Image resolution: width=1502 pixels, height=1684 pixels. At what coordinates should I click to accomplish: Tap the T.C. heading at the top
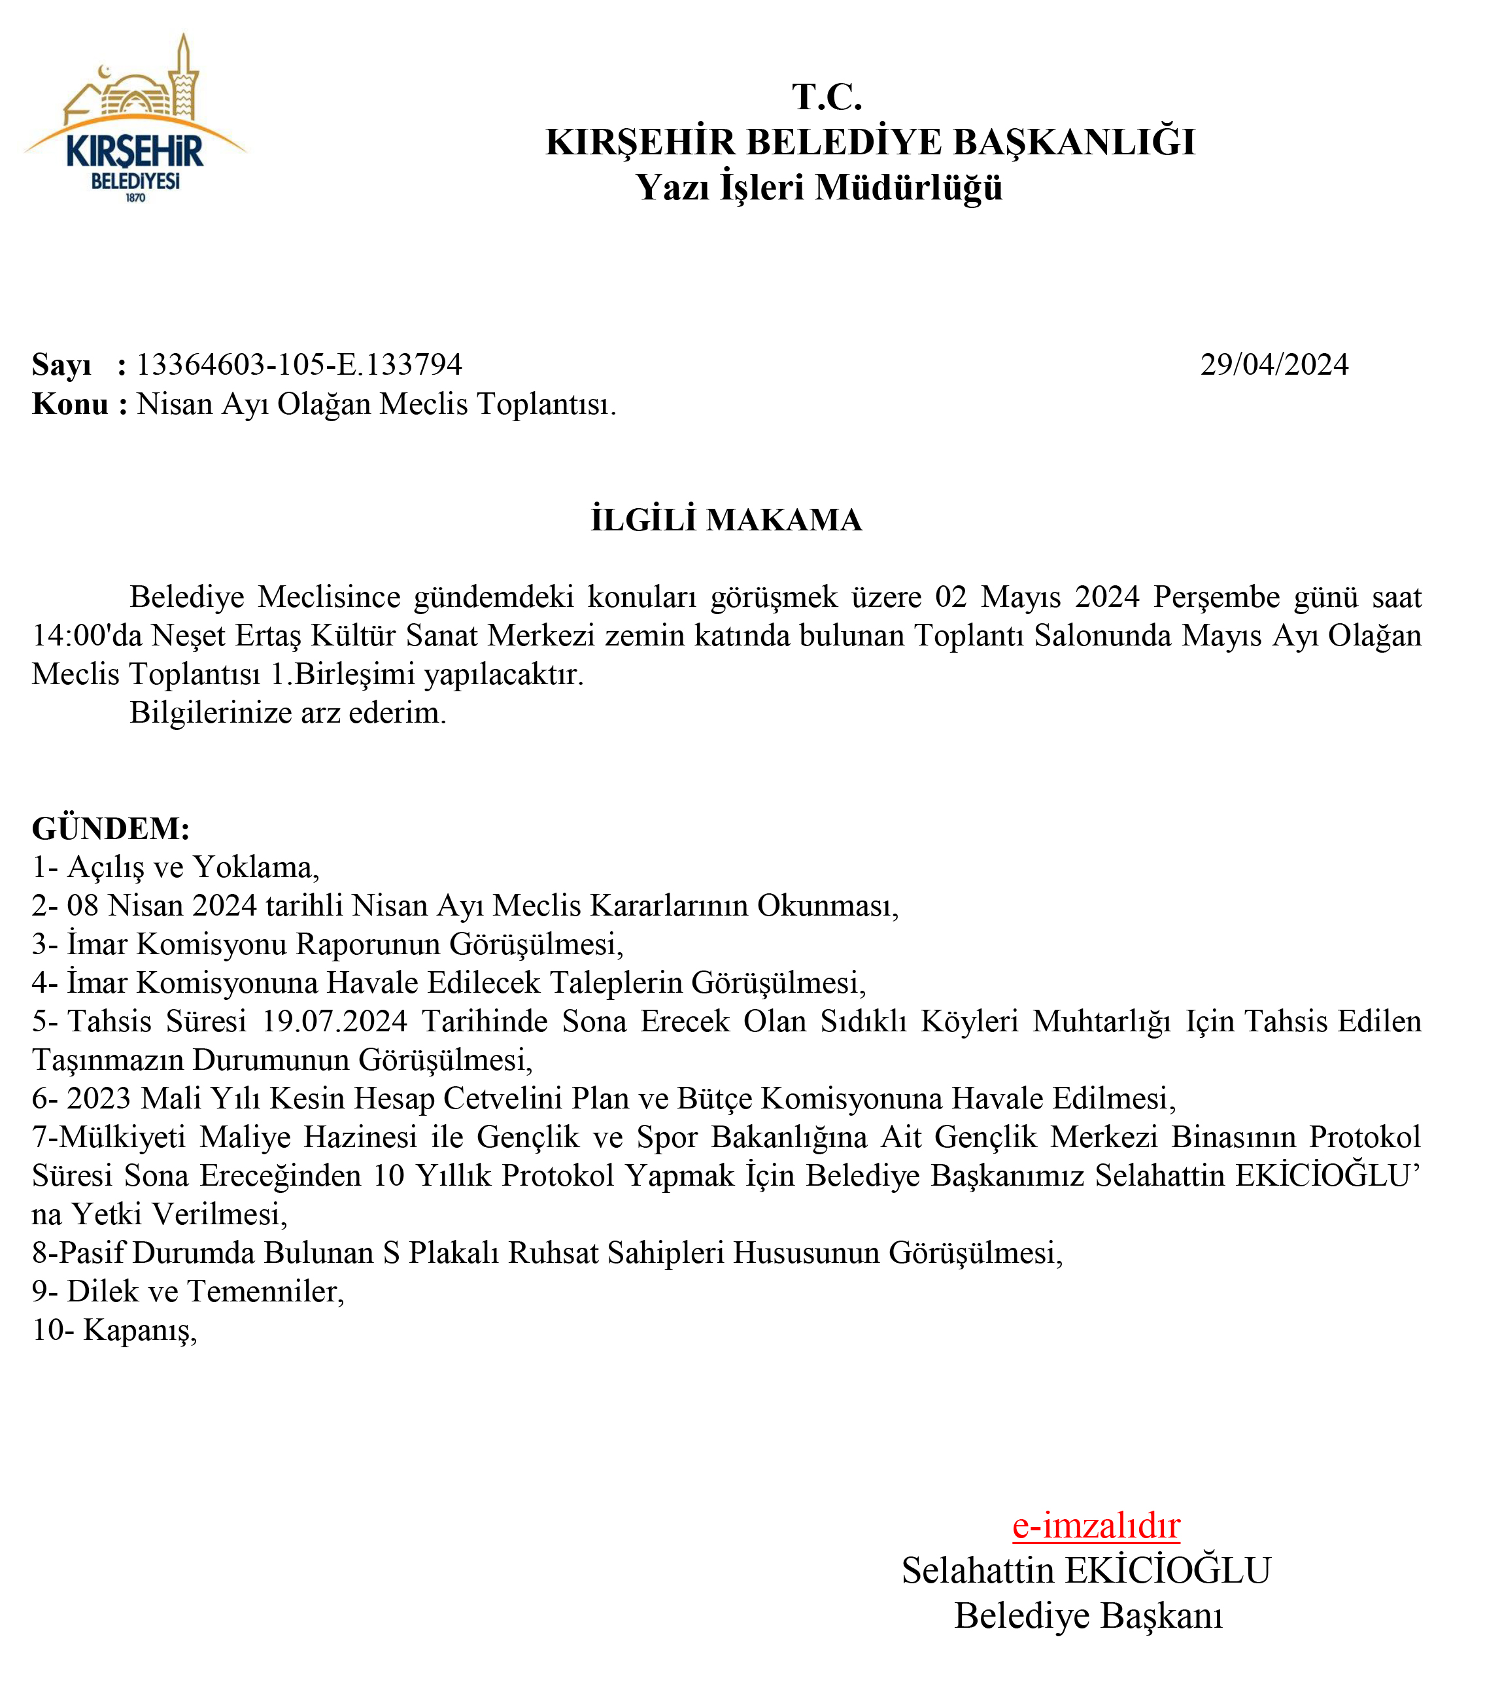tap(827, 97)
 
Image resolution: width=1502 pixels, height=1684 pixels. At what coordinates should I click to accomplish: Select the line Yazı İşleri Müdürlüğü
tap(819, 186)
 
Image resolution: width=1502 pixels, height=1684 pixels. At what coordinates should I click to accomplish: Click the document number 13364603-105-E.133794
tap(299, 364)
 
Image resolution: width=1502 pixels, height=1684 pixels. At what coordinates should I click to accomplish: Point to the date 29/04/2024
tap(1273, 364)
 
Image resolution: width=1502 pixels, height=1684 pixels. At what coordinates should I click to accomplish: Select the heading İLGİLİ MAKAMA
tap(726, 520)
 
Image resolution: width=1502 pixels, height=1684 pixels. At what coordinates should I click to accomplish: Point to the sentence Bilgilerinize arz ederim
tap(287, 712)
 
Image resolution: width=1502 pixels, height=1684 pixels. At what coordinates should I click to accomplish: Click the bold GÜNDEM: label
tap(111, 827)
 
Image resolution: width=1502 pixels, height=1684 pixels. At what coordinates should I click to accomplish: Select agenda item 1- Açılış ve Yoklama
tap(175, 867)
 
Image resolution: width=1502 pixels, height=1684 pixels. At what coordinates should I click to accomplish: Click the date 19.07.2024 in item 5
tap(334, 1021)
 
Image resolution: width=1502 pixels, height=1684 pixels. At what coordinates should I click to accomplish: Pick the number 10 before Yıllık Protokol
tap(388, 1175)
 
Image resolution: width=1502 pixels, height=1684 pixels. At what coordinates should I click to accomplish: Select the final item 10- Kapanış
tap(114, 1330)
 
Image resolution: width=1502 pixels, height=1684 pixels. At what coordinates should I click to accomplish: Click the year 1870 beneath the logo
tap(135, 198)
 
